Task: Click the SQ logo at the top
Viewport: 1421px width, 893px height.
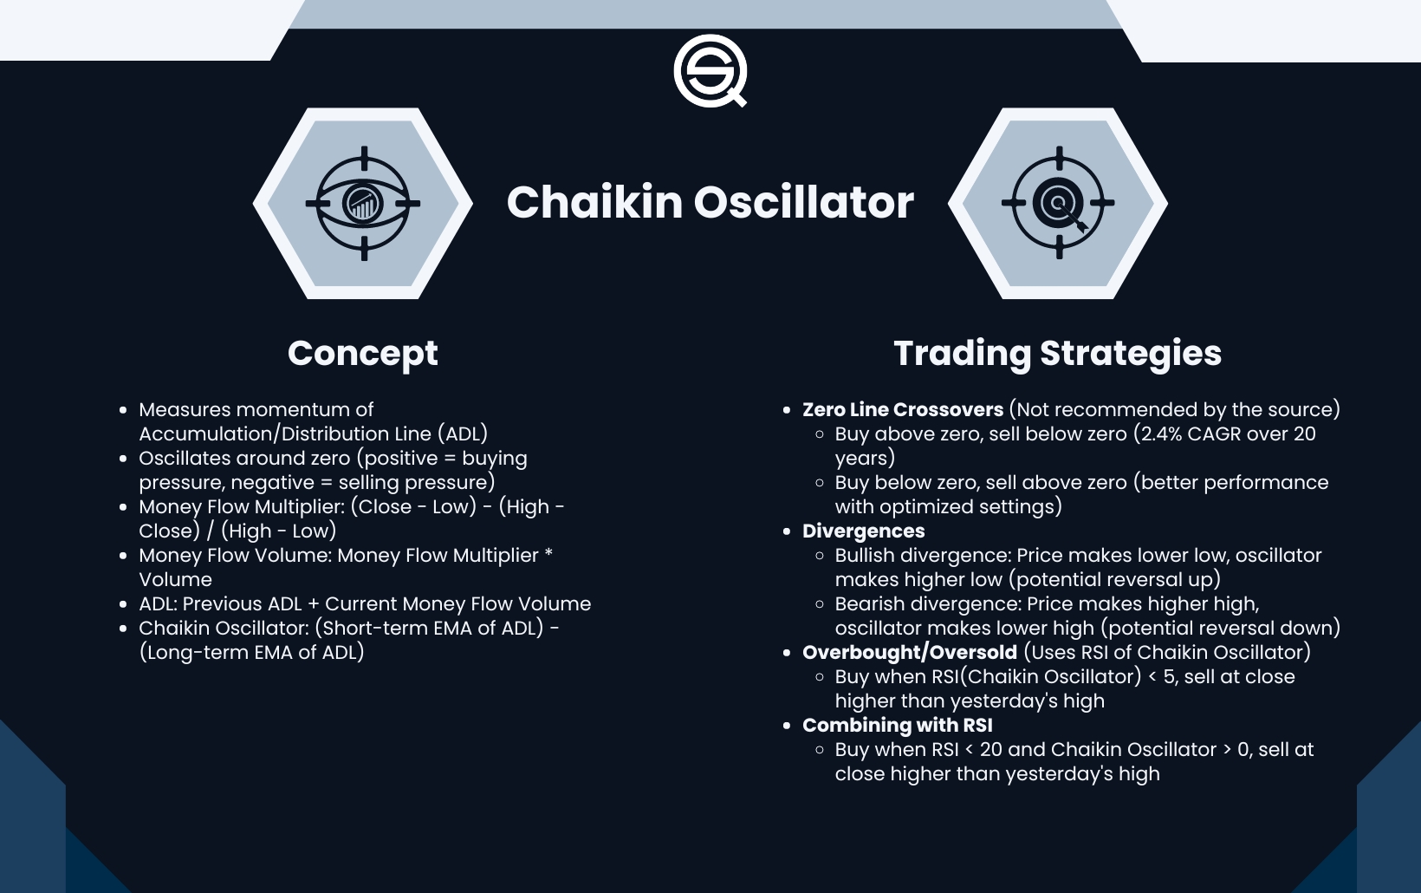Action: coord(710,70)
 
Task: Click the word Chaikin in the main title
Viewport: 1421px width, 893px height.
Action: coord(594,202)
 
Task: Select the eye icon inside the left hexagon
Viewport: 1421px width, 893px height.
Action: coord(363,204)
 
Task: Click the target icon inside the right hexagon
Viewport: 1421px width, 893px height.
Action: coord(1058,204)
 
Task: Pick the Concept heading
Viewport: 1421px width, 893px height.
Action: coord(362,354)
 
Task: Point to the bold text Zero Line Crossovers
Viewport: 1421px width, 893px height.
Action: coord(902,409)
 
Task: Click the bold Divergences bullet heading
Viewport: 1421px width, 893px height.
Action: coord(863,531)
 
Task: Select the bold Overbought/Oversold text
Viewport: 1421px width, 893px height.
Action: coord(909,652)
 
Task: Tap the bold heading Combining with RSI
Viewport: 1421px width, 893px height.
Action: coord(897,725)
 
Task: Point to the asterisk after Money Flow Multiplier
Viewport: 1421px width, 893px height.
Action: coord(548,553)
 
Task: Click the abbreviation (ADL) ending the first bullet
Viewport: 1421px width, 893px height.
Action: coord(463,433)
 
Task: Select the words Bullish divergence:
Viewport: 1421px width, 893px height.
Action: coord(923,555)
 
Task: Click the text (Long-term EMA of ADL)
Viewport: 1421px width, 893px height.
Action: coord(251,652)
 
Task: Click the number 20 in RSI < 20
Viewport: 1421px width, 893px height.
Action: coord(990,749)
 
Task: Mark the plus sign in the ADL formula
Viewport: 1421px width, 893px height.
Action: coord(313,603)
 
